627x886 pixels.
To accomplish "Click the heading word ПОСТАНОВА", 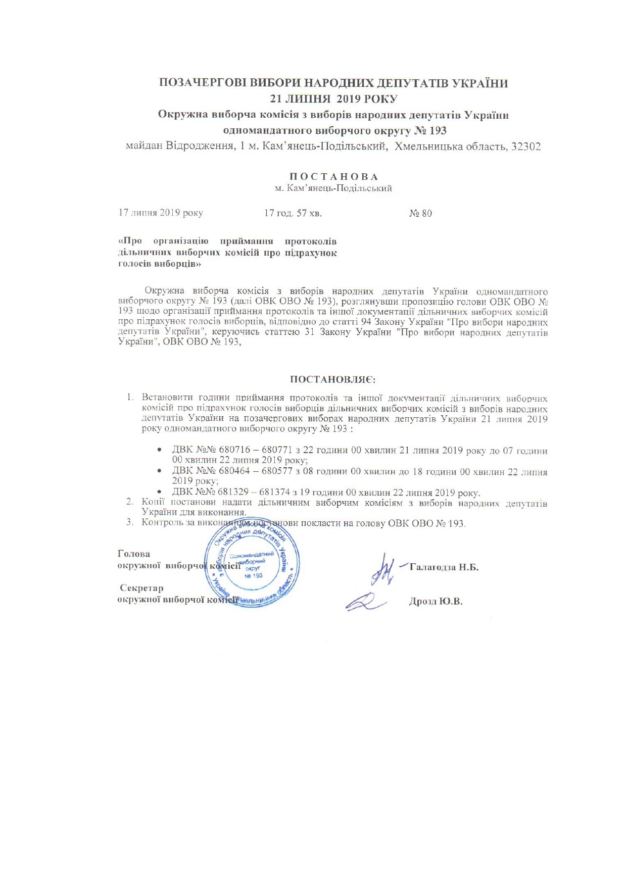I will coord(333,177).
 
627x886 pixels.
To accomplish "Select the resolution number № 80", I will coord(420,214).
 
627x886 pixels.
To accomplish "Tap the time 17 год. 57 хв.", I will coord(293,214).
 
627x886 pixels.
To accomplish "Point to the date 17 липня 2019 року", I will coord(161,213).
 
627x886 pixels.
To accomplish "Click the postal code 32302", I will coord(526,146).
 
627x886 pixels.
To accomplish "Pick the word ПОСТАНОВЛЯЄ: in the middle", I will coord(333,379).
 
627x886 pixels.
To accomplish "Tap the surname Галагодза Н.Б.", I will coord(444,567).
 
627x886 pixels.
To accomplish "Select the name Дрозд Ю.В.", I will coord(436,602).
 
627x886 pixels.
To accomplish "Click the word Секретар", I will coord(141,588).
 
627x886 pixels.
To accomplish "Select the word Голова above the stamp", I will coord(133,554).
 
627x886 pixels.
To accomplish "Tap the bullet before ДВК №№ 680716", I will coord(160,450).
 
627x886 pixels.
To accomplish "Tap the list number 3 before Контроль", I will coord(129,522).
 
